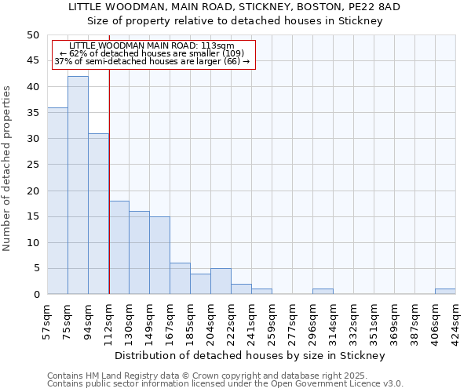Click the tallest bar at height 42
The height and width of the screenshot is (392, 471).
pos(78,185)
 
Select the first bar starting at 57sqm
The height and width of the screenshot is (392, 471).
pos(57,201)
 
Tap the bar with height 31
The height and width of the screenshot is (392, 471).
pos(98,213)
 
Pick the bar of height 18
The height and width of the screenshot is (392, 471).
pos(119,247)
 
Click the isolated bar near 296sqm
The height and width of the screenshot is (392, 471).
pos(323,292)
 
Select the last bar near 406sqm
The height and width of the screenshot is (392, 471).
pos(445,292)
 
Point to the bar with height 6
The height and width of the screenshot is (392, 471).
pos(180,278)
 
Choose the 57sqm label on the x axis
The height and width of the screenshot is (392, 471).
pos(48,320)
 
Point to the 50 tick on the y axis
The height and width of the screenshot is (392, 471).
pos(32,35)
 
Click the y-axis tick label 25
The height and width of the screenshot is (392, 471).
pos(32,165)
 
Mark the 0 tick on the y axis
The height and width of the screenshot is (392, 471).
pos(35,295)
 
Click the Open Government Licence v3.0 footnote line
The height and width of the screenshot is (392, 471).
pos(225,384)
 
